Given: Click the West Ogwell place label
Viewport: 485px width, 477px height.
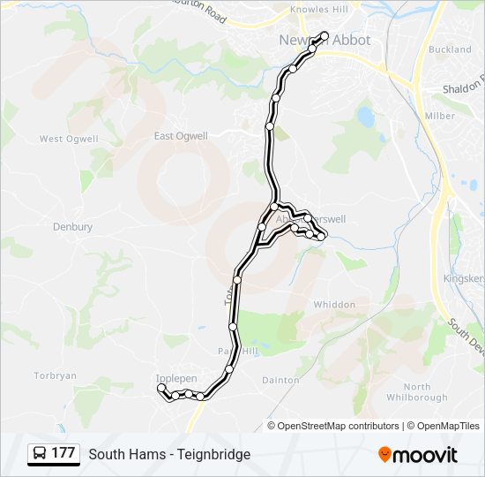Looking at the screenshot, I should tap(63, 139).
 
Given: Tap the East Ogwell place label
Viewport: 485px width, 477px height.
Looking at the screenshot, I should tap(181, 136).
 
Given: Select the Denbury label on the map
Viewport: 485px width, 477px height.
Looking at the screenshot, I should tap(72, 227).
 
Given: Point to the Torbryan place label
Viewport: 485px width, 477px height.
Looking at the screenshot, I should tap(56, 375).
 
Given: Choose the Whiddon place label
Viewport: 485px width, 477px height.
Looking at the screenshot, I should tap(334, 305).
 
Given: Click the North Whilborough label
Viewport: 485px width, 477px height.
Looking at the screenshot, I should tap(416, 392).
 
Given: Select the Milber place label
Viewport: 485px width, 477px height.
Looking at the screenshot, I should tap(440, 116).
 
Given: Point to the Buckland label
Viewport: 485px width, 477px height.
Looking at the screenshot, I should tap(451, 49).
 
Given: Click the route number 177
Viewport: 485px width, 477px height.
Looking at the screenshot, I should tap(63, 453).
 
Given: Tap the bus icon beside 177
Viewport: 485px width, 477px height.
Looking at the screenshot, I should tap(40, 453).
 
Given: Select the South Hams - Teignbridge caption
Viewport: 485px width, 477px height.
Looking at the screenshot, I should tap(169, 454).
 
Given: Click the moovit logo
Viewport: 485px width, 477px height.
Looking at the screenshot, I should tap(418, 454).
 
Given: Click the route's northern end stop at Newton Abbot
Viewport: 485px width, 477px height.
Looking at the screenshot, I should tap(325, 36).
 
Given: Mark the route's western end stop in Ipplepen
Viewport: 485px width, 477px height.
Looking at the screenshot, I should tap(160, 388).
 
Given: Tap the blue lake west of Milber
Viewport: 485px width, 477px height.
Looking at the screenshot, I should tap(365, 116).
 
